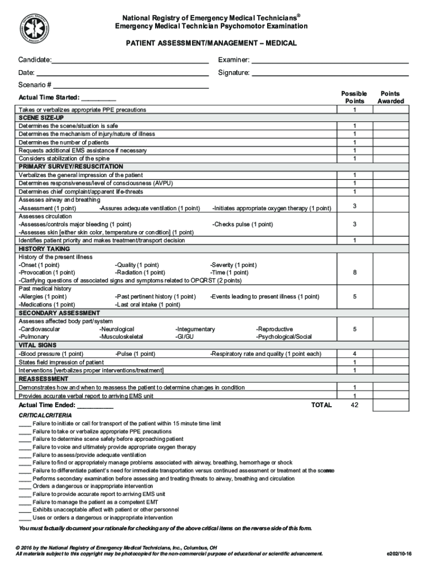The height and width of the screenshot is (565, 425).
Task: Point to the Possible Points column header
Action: tap(354, 98)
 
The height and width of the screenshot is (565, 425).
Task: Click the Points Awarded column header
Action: tap(390, 98)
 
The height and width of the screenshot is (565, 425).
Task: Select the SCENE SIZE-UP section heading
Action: tap(41, 118)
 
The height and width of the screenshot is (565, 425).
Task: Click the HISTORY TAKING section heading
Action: tap(44, 249)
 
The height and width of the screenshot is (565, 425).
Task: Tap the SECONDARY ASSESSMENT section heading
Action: tap(59, 313)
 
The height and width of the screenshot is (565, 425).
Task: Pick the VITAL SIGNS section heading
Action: tap(38, 345)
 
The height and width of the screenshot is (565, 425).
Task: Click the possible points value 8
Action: tap(354, 272)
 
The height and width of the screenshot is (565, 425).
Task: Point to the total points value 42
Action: tap(354, 405)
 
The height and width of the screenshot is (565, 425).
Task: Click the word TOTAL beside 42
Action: tap(321, 405)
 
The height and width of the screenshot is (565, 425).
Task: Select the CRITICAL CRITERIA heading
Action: tap(45, 415)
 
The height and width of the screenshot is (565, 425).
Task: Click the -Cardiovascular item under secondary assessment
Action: tap(40, 329)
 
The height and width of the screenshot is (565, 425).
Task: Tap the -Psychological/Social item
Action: tap(284, 337)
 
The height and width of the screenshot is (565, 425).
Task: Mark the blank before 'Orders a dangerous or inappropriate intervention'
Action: tap(24, 487)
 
